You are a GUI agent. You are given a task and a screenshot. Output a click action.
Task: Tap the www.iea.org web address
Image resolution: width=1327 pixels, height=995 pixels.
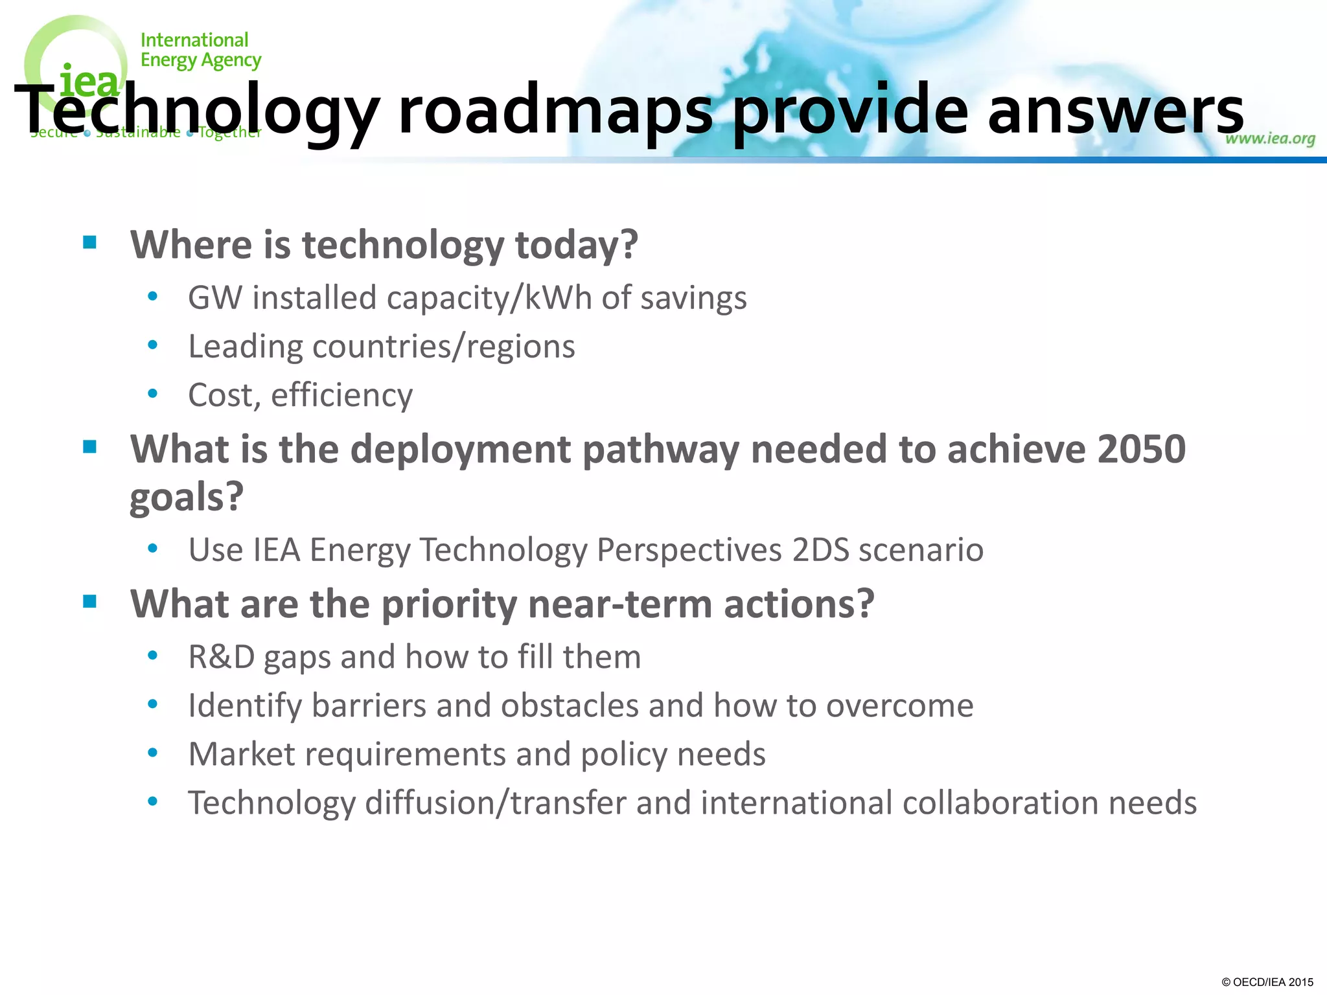tap(1269, 138)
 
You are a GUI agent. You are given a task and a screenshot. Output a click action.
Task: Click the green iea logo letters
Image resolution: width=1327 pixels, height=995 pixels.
tap(89, 82)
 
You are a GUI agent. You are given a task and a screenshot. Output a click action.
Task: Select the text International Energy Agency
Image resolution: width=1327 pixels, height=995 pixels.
tap(200, 50)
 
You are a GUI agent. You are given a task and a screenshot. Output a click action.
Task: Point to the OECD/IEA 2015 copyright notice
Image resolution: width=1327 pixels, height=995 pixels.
tap(1267, 982)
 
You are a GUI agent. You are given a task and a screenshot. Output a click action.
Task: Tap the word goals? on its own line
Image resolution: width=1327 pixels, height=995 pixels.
tap(187, 497)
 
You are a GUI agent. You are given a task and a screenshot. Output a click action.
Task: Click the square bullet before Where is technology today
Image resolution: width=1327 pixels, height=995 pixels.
tap(90, 243)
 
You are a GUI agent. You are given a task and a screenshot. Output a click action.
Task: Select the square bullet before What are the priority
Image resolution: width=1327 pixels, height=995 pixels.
tap(90, 602)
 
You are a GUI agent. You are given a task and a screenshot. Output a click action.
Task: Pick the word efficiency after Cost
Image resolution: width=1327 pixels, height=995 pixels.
tap(341, 395)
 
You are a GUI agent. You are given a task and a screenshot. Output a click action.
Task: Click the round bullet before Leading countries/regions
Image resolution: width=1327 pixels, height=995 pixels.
tap(153, 345)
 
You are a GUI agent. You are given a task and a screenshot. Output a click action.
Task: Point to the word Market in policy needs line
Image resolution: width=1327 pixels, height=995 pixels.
tap(242, 754)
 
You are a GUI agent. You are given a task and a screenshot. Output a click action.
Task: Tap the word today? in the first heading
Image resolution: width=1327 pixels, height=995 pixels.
tap(576, 245)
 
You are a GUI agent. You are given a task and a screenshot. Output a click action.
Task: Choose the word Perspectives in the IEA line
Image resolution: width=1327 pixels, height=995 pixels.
tap(689, 550)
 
